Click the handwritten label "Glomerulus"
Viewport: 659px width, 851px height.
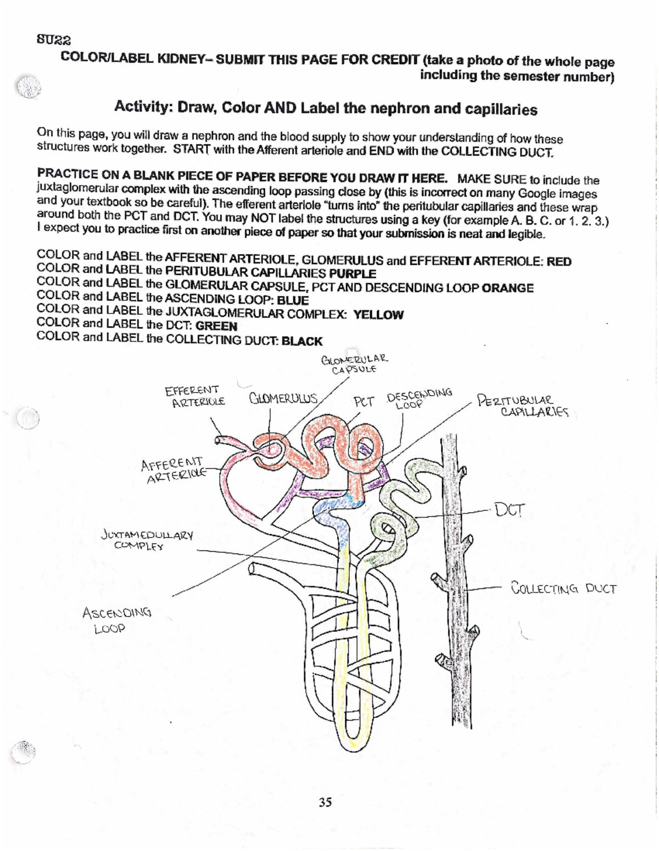coord(283,398)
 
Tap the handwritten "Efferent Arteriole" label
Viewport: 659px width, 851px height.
coord(195,396)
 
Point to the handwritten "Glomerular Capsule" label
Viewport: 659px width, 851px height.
coord(355,364)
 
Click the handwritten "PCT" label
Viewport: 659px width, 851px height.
coord(364,401)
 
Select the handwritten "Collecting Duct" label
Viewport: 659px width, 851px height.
coord(563,589)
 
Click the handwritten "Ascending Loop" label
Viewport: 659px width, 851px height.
coord(116,620)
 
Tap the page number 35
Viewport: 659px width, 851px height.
coord(325,802)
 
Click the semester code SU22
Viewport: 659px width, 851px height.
coord(53,40)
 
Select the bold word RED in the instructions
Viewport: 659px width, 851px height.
coord(559,262)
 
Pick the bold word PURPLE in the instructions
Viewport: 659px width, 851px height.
coord(352,273)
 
